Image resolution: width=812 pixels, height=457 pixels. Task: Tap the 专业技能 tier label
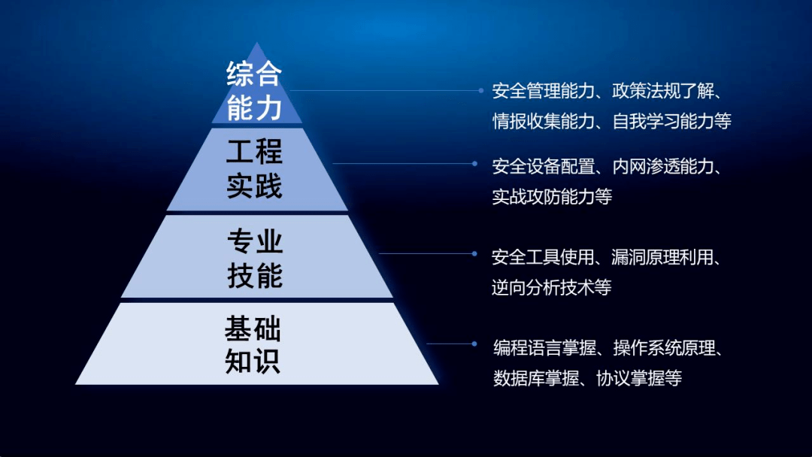coord(255,259)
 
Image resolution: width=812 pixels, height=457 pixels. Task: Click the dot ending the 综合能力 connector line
coord(481,90)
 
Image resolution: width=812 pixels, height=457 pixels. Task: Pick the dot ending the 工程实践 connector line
coord(474,163)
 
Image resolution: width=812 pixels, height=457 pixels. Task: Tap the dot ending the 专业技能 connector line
coord(474,253)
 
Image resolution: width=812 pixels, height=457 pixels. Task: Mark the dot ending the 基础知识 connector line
coord(474,344)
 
